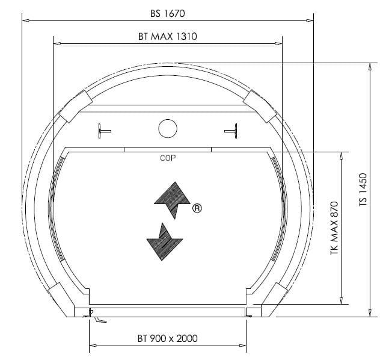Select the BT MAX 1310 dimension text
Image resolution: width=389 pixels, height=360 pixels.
tap(167, 36)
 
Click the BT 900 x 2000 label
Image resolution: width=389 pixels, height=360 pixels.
tap(167, 338)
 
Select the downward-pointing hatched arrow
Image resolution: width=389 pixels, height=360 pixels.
tap(165, 241)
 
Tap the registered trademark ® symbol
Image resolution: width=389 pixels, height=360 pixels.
tap(196, 209)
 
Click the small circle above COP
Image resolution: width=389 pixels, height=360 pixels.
tap(168, 128)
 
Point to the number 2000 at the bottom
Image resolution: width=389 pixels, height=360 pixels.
tap(186, 338)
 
